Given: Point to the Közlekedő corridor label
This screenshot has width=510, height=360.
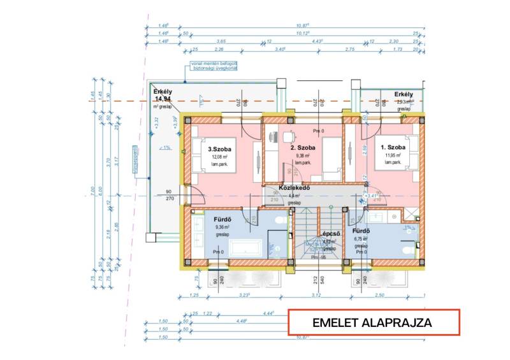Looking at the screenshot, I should pyautogui.click(x=294, y=189).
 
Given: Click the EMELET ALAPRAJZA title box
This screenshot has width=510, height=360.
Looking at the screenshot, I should pyautogui.click(x=372, y=322).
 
